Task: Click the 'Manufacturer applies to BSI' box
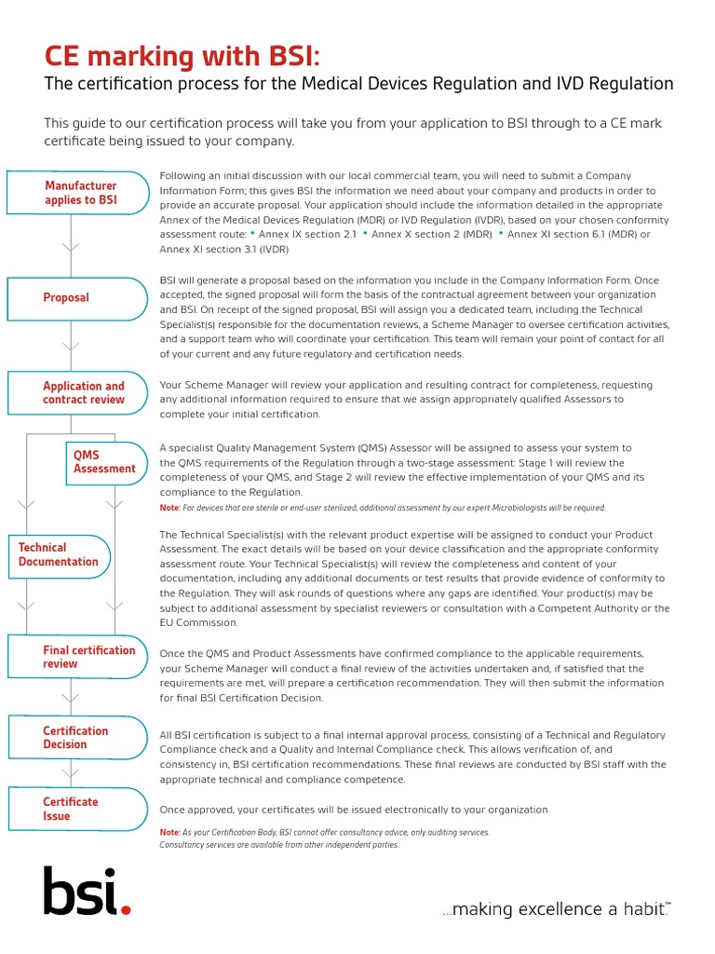click(78, 193)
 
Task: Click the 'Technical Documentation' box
click(59, 555)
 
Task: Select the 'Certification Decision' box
click(78, 738)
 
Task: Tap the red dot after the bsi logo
click(127, 909)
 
